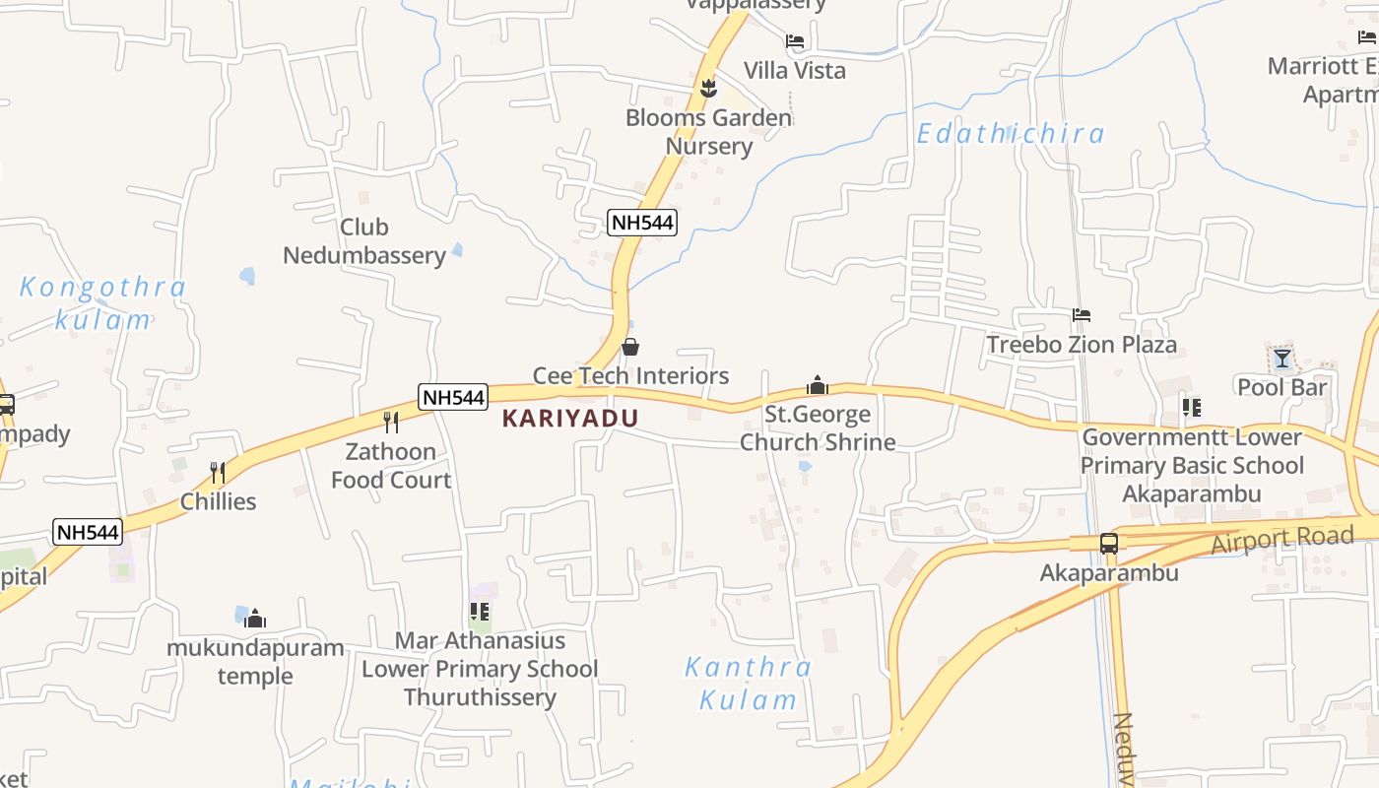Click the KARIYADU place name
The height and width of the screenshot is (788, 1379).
click(x=570, y=418)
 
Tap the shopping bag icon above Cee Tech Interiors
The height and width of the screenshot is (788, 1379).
click(x=630, y=347)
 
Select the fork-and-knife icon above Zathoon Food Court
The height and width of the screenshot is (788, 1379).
click(x=391, y=423)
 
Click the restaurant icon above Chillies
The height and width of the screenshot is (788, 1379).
click(x=218, y=473)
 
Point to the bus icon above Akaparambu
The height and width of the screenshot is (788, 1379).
click(x=1109, y=543)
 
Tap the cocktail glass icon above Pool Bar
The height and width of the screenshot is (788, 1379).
click(x=1281, y=358)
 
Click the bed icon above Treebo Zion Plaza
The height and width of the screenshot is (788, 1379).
click(x=1082, y=315)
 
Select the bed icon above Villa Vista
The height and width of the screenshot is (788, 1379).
click(x=795, y=41)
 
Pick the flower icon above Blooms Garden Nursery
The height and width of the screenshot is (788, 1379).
click(x=708, y=89)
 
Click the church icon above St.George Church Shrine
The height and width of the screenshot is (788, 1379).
click(x=818, y=385)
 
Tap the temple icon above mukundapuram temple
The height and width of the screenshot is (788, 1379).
click(x=255, y=619)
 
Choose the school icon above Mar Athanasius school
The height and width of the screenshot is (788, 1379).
click(x=480, y=612)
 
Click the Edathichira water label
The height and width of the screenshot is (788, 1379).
click(x=1011, y=133)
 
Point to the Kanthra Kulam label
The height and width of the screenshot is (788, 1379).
click(x=748, y=684)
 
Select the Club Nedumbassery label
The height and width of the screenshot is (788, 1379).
click(x=364, y=241)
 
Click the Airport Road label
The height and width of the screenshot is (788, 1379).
click(x=1282, y=538)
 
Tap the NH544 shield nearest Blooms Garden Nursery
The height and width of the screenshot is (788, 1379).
click(x=642, y=223)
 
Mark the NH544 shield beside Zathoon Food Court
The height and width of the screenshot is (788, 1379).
click(x=453, y=397)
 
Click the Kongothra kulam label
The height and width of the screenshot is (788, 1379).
click(x=102, y=303)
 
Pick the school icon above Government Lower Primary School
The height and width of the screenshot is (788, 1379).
click(x=1192, y=407)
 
